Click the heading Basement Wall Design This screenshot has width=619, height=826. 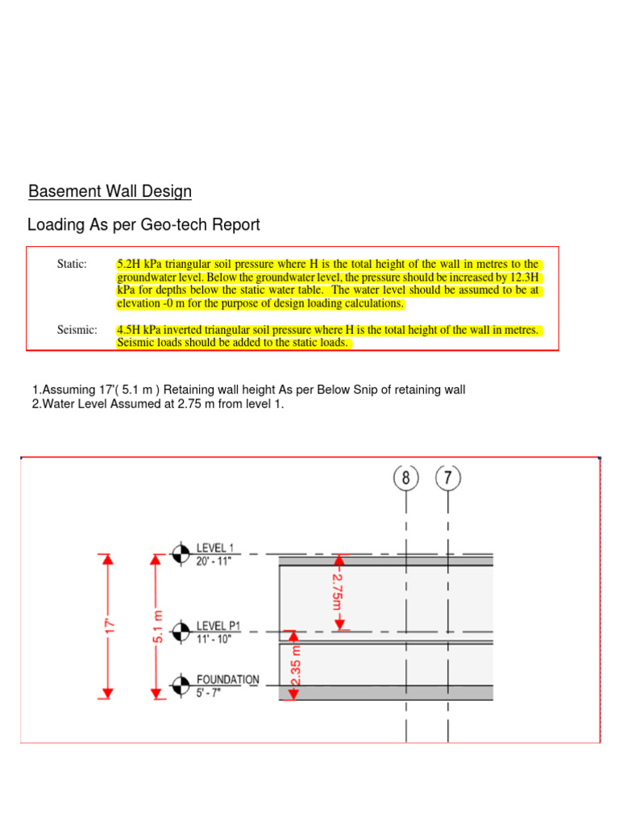tap(110, 192)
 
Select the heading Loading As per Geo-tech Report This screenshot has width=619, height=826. tap(143, 224)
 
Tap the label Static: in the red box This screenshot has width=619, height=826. tap(72, 264)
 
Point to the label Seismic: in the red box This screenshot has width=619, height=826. tap(77, 330)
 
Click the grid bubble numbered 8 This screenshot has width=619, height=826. tap(406, 478)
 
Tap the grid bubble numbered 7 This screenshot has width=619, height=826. tap(448, 478)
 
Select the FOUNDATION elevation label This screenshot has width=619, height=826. tap(228, 679)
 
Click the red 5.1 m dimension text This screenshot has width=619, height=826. tap(159, 626)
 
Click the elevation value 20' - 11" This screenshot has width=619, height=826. tap(214, 561)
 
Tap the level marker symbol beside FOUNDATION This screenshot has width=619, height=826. tap(181, 685)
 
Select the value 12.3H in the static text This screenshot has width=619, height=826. tap(524, 277)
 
